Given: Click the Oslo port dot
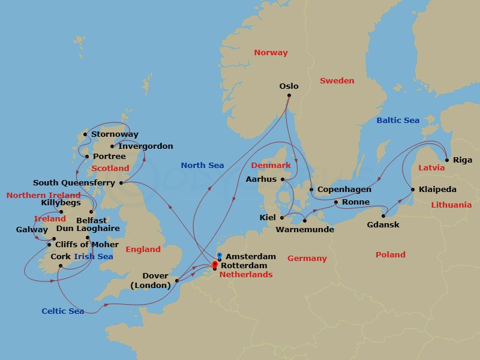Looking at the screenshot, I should (289, 95).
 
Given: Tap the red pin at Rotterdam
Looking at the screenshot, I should (214, 263).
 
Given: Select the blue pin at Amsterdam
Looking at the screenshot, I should (220, 256).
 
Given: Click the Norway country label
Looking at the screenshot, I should (271, 53).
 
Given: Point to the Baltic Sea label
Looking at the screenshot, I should (398, 121).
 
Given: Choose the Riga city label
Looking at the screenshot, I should (463, 160).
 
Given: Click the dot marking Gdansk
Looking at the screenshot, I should (383, 216).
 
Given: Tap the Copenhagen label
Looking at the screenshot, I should (344, 190).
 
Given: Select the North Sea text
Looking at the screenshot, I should (202, 166).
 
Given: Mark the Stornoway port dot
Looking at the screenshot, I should (85, 134).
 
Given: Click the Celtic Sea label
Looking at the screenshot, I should (63, 311).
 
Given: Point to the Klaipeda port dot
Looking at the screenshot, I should (412, 190).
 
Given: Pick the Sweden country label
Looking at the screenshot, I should (337, 81).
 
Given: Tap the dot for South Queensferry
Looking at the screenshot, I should (121, 183).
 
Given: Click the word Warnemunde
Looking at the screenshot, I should (305, 230).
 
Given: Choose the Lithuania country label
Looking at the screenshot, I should (451, 205).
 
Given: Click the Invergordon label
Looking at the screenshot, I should (146, 146).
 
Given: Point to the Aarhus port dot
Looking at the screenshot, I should (283, 179).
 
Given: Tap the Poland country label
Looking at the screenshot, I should (391, 255).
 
